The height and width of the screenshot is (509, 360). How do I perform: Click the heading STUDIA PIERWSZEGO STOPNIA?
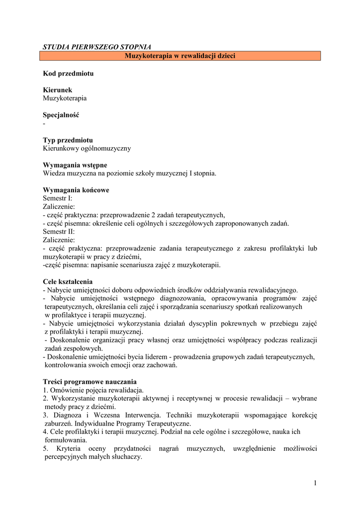tap(97, 47)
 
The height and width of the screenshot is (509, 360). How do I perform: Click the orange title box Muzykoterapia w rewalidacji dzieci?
tap(180, 56)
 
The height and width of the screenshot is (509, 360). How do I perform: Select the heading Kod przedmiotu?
tap(68, 73)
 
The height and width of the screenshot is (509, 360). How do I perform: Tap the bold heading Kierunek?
tap(58, 90)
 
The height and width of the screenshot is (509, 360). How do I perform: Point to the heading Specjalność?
tap(61, 115)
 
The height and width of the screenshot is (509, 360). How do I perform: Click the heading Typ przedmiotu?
tap(68, 140)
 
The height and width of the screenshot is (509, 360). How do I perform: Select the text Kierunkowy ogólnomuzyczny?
tap(87, 148)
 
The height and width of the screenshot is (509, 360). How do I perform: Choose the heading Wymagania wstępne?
tap(75, 165)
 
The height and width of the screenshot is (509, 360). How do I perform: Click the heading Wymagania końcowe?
tap(76, 190)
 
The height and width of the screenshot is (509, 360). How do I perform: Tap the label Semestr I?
tap(58, 198)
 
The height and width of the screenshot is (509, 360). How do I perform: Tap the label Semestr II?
tap(59, 232)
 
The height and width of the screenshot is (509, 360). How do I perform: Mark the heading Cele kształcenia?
tap(68, 281)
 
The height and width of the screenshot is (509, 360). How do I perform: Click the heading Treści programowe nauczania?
tap(90, 382)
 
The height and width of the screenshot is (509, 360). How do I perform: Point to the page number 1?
tap(315, 483)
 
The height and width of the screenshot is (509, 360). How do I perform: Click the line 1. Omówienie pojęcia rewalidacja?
tap(93, 390)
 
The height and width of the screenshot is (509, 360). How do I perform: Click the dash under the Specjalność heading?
tap(44, 123)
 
